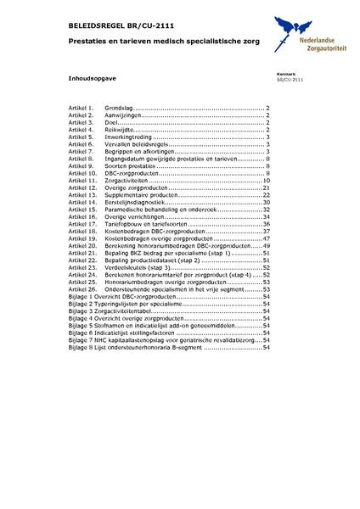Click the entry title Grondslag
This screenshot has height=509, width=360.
[119, 109]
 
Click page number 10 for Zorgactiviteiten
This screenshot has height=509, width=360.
[265, 181]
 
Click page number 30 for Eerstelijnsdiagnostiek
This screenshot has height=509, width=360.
[265, 203]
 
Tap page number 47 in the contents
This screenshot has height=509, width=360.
[265, 238]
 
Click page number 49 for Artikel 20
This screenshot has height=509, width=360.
[265, 245]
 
